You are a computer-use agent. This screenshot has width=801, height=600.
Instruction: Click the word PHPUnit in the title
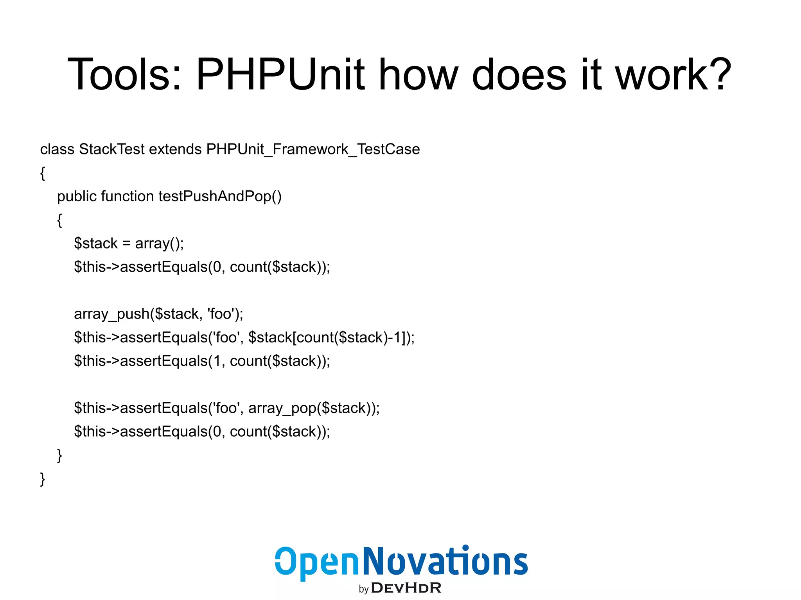[280, 74]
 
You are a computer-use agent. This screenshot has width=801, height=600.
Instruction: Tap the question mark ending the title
[718, 74]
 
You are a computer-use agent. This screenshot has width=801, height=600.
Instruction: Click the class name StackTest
[111, 149]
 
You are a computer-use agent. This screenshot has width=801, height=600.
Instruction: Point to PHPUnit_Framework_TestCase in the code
[313, 149]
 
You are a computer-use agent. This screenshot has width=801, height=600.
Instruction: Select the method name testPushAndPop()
[220, 196]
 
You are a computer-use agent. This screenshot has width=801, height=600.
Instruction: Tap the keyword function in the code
[127, 196]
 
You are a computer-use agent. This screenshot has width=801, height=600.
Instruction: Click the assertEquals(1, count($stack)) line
[202, 361]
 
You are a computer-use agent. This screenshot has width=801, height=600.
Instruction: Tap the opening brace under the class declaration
[43, 173]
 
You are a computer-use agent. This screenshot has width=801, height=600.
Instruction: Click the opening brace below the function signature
[59, 220]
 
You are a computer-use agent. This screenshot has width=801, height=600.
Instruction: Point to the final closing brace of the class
[43, 479]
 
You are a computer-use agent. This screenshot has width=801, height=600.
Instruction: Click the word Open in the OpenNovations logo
[317, 562]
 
